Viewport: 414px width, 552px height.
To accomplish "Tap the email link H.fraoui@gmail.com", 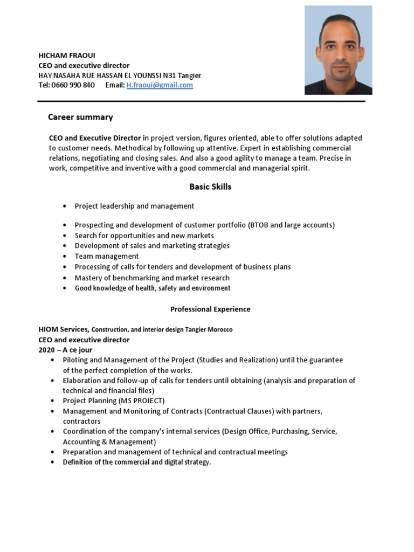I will pos(160,85).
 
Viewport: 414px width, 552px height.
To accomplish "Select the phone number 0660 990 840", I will pos(73,85).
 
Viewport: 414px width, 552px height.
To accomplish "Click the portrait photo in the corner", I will pos(338,50).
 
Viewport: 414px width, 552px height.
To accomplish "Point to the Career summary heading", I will pos(80,117).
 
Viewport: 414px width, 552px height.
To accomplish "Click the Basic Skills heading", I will pos(210,187).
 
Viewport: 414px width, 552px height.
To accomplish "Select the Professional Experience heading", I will pos(210,309).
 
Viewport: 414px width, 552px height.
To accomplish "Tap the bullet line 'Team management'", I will pos(107,257).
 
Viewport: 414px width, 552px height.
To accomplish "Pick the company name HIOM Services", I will pos(64,329).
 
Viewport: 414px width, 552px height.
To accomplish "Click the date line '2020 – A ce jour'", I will pos(66,350).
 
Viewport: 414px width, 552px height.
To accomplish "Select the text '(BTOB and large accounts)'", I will pos(291,225).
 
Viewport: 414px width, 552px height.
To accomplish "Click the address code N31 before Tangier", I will pos(169,76).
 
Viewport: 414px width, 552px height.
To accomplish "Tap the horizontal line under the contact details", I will pos(201,101).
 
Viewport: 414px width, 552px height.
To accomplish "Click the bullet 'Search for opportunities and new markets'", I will pos(144,236).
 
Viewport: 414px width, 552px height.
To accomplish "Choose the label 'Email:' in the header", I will pos(115,85).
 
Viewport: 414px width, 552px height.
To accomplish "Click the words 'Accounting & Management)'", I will pos(109,442).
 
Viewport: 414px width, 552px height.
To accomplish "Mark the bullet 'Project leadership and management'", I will pos(134,206).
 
